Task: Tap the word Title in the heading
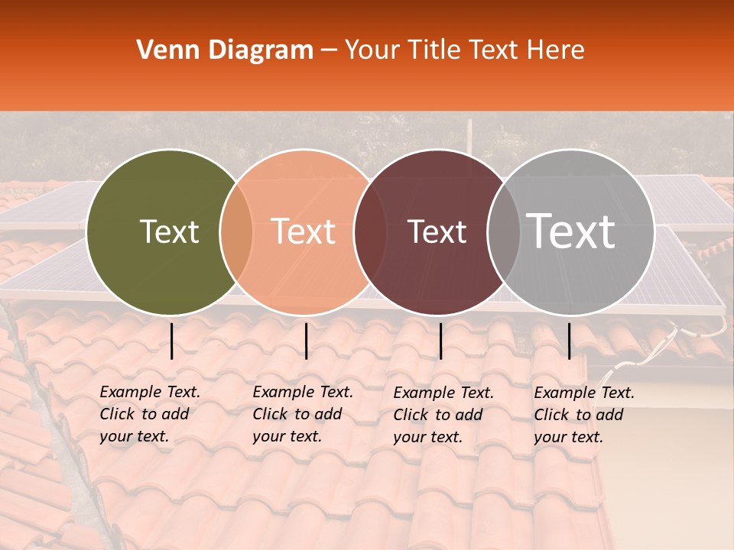click(x=432, y=50)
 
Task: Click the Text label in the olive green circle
click(x=169, y=231)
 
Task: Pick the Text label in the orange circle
click(x=304, y=231)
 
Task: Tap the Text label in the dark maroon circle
click(x=437, y=231)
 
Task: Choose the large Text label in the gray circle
click(x=571, y=231)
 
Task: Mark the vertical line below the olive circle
click(x=172, y=341)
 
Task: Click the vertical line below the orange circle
click(x=306, y=341)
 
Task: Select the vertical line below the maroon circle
click(x=441, y=341)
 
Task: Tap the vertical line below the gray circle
click(x=570, y=341)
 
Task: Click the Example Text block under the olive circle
click(x=150, y=414)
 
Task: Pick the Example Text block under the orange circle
click(x=303, y=414)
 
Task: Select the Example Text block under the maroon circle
click(x=443, y=415)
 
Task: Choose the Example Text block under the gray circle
click(x=584, y=415)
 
